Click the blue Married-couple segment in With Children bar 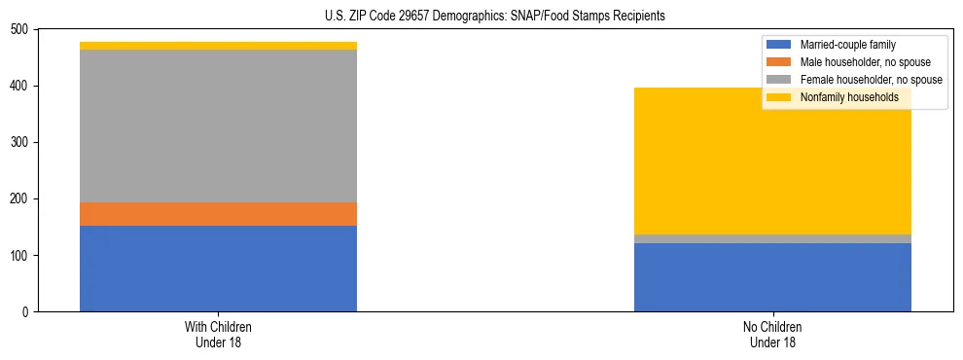tap(218, 269)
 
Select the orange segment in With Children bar tap(218, 214)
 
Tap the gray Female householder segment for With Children tap(218, 126)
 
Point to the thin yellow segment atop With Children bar tap(218, 46)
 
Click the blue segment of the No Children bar tap(772, 277)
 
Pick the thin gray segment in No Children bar tap(772, 238)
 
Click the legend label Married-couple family tap(847, 45)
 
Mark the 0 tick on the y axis tap(26, 312)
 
